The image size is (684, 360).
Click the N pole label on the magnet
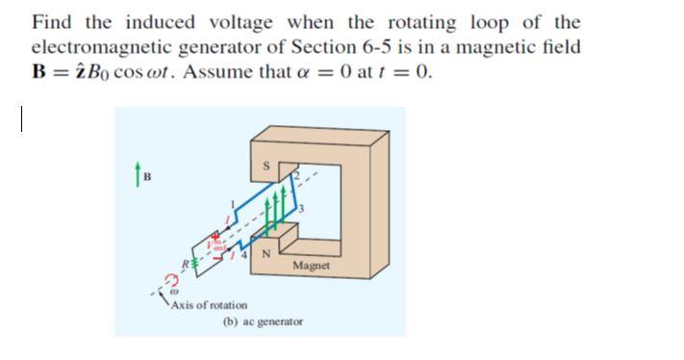click(x=266, y=253)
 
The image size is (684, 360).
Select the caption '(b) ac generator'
click(x=263, y=321)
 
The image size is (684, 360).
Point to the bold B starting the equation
click(x=39, y=72)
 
